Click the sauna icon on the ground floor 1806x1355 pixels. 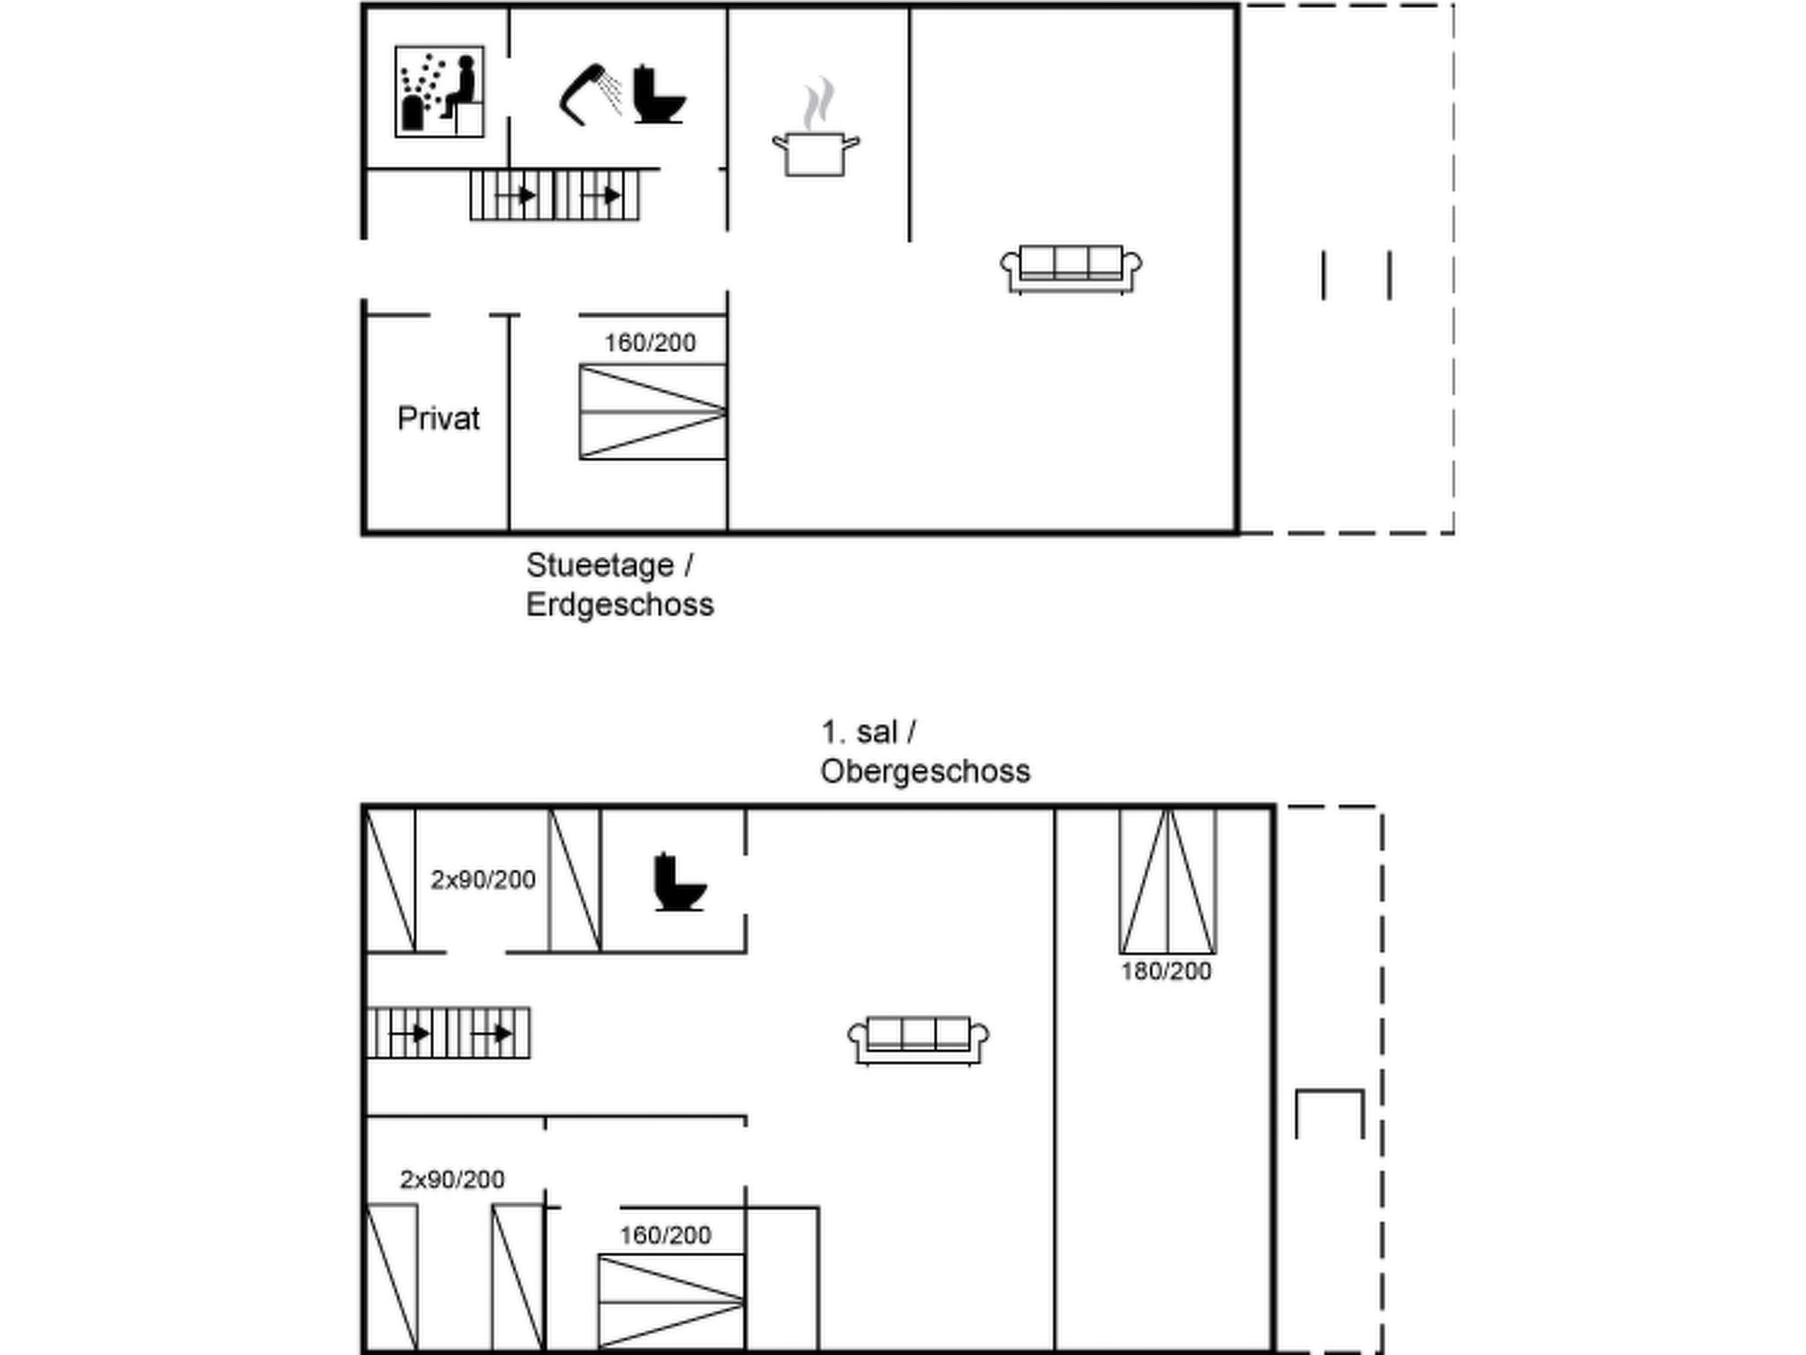pos(439,92)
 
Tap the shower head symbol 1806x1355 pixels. pos(589,94)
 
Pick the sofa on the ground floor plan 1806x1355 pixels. pos(1071,268)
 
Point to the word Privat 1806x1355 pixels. pos(438,418)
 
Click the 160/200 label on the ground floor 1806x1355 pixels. pos(650,342)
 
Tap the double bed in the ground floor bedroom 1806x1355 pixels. pos(653,412)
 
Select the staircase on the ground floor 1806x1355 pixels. pos(555,195)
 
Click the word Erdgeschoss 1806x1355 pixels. pos(620,605)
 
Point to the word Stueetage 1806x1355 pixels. pos(600,565)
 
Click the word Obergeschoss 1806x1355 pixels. pos(925,772)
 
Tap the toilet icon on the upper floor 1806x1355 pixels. pos(679,881)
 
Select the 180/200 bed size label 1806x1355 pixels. pos(1166,971)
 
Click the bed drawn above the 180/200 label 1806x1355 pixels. pos(1168,881)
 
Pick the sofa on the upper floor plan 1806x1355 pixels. pos(918,1040)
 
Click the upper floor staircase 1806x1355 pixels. pos(449,1033)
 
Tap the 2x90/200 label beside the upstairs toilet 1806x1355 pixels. pos(482,880)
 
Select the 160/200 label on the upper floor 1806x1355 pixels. pos(665,1235)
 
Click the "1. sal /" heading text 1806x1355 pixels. pos(869,732)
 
